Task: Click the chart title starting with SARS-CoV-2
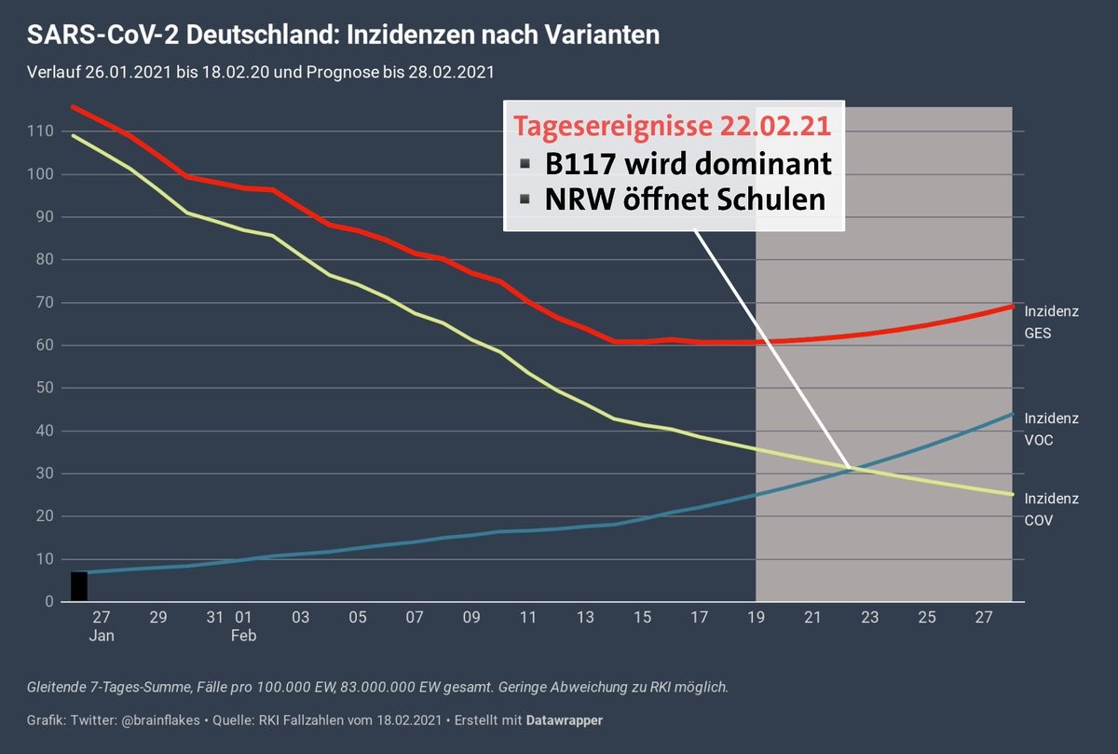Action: coord(344,35)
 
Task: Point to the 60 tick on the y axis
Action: coord(43,345)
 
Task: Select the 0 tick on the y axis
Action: coord(48,602)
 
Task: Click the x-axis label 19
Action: coord(757,617)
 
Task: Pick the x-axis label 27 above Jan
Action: coord(101,617)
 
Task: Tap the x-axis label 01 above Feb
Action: coord(243,617)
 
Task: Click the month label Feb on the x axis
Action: coord(243,636)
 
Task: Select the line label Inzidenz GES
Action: coord(1052,322)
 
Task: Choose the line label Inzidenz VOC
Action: coord(1052,429)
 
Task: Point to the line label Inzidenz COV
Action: coord(1052,510)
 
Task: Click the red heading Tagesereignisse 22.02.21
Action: coord(673,126)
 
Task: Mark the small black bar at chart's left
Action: coord(79,586)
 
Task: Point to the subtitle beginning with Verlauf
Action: coord(260,72)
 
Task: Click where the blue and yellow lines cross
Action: coord(853,469)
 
